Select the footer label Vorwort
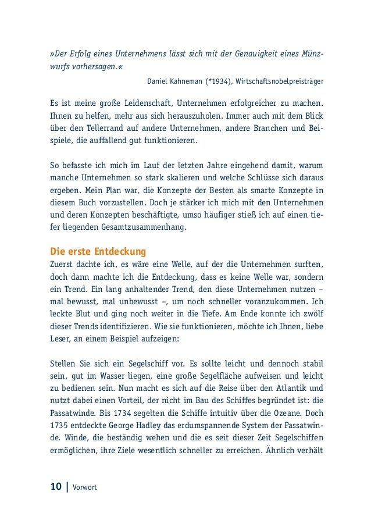(x=85, y=486)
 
